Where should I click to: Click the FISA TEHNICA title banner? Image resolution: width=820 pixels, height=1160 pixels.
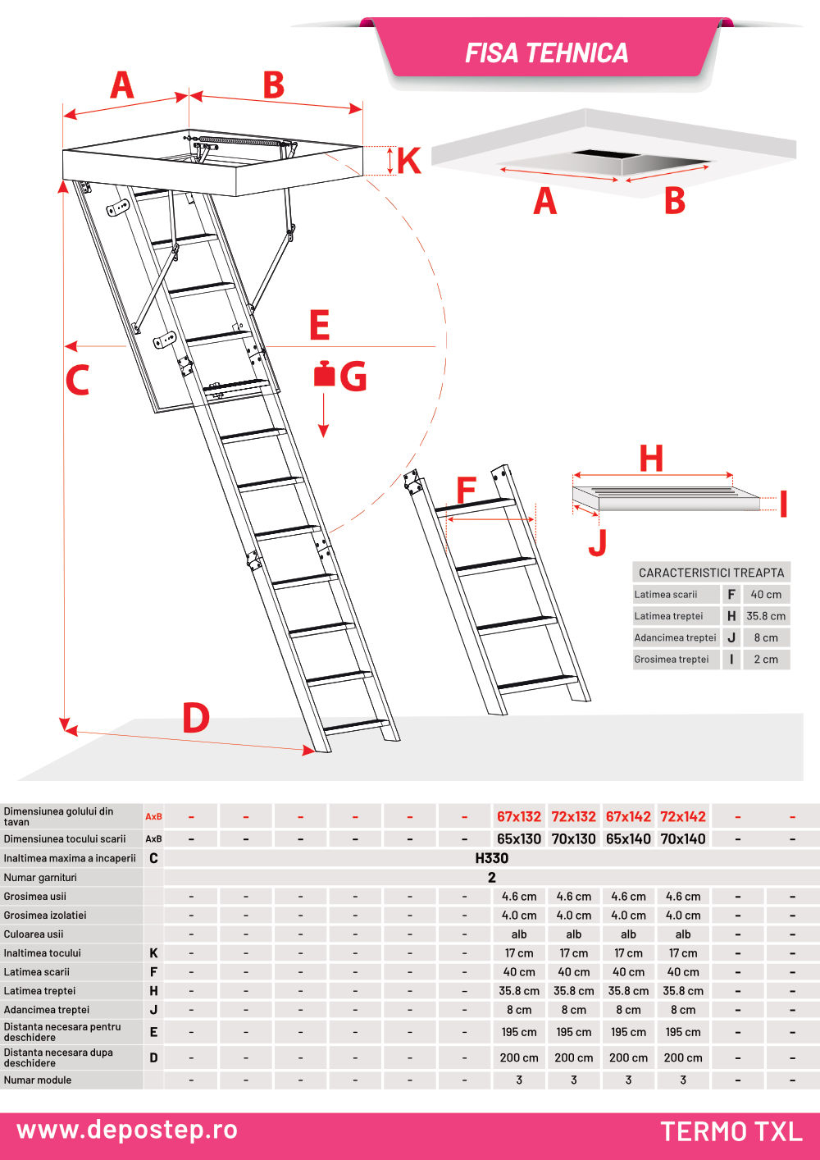[x=546, y=53]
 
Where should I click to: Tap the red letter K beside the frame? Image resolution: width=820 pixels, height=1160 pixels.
[x=408, y=162]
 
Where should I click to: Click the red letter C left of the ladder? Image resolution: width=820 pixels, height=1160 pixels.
[x=77, y=381]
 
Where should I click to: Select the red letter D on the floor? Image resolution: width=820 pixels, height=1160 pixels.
[x=195, y=719]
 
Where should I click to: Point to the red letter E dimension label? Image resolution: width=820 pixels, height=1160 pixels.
[x=320, y=326]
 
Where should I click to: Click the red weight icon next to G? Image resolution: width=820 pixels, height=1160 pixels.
[x=325, y=374]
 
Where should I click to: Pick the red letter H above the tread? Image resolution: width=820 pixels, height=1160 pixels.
[x=651, y=459]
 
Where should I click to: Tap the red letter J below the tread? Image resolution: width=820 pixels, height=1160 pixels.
[x=599, y=542]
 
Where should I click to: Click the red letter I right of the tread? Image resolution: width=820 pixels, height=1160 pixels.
[x=783, y=504]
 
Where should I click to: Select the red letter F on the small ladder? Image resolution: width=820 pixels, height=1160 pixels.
[x=466, y=491]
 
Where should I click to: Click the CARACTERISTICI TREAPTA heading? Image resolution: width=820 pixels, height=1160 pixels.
[x=711, y=573]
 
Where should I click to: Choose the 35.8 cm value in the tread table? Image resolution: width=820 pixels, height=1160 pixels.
[x=766, y=616]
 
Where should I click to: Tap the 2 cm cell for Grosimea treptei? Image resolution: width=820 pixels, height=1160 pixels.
[x=766, y=660]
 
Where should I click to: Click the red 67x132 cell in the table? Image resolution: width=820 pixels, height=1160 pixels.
[x=519, y=817]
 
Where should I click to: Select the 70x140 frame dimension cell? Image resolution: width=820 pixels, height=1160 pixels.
[x=683, y=839]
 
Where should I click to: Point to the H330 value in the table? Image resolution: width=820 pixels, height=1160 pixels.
[x=492, y=858]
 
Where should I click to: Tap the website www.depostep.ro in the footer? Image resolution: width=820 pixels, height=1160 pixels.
[x=127, y=1130]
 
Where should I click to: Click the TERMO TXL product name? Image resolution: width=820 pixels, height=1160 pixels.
[x=731, y=1132]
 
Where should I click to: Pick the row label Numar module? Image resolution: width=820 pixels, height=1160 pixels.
[x=38, y=1080]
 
